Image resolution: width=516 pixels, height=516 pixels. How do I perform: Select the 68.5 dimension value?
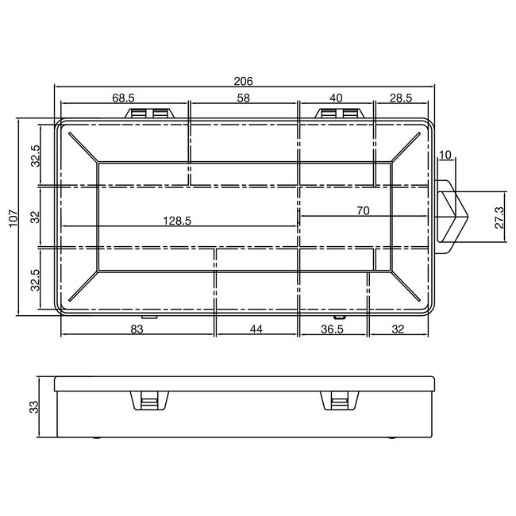123,98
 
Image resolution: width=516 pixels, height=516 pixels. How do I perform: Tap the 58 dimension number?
243,98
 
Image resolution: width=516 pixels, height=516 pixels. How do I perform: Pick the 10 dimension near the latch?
444,154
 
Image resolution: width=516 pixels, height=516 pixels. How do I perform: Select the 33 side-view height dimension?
34,406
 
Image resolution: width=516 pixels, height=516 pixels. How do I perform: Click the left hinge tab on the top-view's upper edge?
150,114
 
